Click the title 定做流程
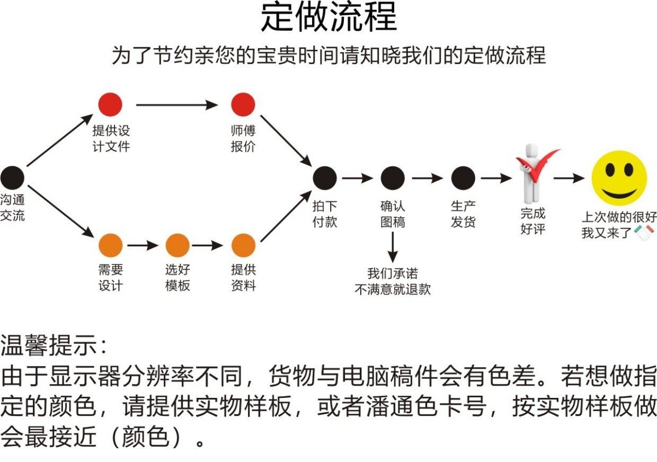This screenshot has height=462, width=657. pos(328,19)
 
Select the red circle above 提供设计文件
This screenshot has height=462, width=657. pos(110,104)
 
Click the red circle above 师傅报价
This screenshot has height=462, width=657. pos(243,104)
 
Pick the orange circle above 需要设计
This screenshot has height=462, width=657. pos(110,245)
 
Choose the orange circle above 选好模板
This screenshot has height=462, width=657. pos(177,245)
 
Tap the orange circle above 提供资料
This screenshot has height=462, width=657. pos(244,245)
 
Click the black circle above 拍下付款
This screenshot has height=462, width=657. pos(324,178)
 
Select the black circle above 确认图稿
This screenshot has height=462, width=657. pos(393,178)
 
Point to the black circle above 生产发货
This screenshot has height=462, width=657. pos(463,178)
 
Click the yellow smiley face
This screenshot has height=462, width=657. pos(619,178)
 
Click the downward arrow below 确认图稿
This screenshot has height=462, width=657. pos(393,247)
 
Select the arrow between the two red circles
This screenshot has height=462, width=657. pos(176,105)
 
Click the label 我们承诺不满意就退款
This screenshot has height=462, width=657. pos(393,281)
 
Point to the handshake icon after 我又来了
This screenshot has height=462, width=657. pos(644,232)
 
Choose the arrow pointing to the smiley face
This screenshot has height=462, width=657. pos(569,179)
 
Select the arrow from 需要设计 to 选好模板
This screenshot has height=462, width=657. pos(143,245)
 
